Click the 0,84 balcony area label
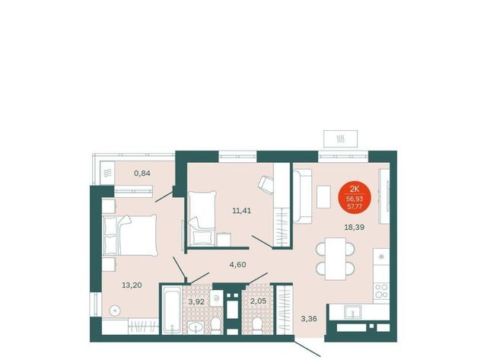[142, 173]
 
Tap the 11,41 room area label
[242, 211]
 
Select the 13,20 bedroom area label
[132, 285]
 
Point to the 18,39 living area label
[355, 227]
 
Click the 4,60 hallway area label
[237, 265]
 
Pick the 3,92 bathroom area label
[196, 301]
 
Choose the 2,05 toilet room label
[259, 301]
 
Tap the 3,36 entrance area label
[309, 318]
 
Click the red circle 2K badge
[355, 197]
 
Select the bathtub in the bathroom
[172, 310]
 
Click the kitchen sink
[352, 311]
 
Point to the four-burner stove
[381, 291]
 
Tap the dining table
[336, 259]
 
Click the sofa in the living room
[302, 196]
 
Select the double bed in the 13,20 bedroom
[129, 235]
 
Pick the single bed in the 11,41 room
[202, 218]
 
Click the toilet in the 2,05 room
[257, 325]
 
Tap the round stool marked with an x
[115, 311]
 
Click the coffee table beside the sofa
[323, 196]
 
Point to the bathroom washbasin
[196, 327]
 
